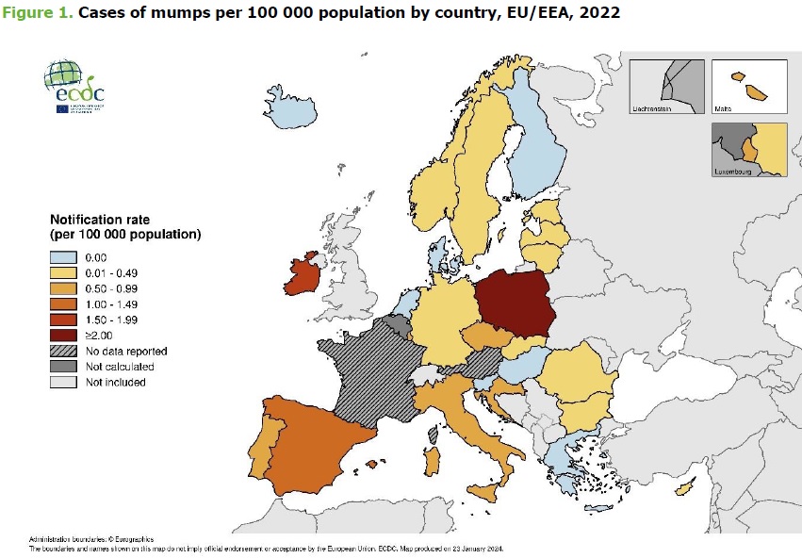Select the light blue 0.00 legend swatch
63,257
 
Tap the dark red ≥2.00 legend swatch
63,335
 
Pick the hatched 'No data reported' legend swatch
63,351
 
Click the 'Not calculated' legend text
120,367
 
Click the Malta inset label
725,109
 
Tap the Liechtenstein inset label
655,110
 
